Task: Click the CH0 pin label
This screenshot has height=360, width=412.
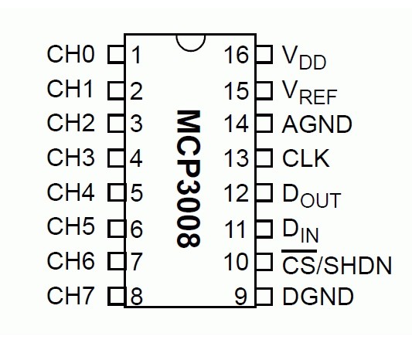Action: pos(70,54)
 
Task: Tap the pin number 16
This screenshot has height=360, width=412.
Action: pos(237,55)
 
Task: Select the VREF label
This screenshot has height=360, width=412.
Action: pos(309,93)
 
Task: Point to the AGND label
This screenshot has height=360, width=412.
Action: pos(317,124)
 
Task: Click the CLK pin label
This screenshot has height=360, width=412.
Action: pos(305,158)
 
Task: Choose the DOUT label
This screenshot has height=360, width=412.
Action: pos(312,195)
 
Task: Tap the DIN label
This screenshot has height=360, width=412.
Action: pos(301,230)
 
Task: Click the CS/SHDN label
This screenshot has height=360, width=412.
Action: pos(337,265)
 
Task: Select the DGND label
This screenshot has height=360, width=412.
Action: pos(318,296)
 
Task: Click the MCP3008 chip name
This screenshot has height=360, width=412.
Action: pos(189,178)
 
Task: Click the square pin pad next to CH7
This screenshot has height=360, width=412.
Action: pos(116,297)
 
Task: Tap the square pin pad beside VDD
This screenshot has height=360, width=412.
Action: pos(264,54)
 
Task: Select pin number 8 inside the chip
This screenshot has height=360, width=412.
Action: pos(136,297)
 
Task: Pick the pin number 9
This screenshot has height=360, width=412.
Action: pos(240,297)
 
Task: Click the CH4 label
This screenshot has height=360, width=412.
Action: pos(70,192)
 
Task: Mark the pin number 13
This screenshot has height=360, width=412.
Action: pos(237,158)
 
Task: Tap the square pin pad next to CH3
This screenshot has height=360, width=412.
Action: pos(116,158)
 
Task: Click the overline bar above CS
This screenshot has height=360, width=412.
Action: pos(299,251)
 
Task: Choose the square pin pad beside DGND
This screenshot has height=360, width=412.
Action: pos(264,297)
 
